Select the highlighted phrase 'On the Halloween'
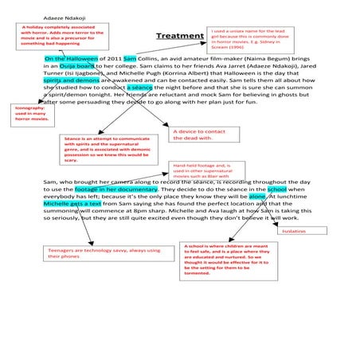(72, 59)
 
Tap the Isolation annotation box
(303, 230)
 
